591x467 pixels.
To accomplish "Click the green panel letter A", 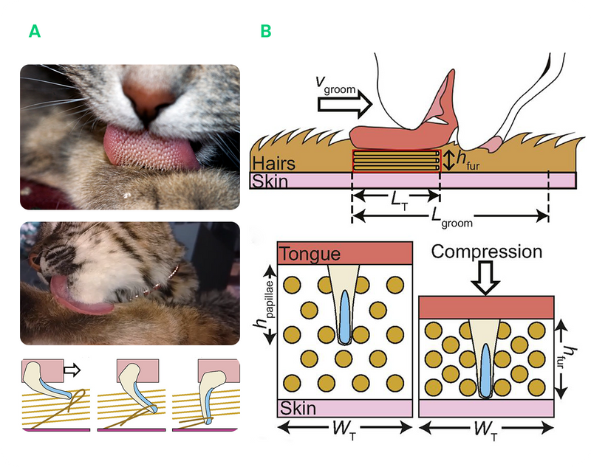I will [x=34, y=31].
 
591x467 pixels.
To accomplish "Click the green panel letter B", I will [x=266, y=31].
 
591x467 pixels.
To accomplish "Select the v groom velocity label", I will [x=335, y=86].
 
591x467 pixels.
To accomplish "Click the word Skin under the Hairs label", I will [x=270, y=181].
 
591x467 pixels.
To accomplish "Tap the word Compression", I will [x=487, y=252].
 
